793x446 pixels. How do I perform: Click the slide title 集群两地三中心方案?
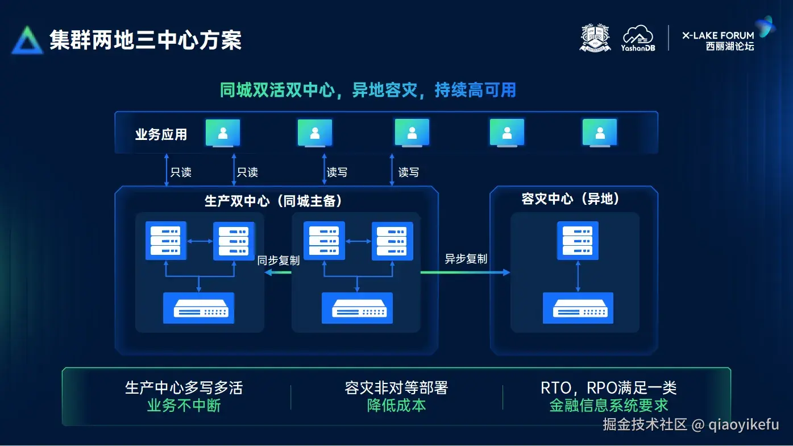[146, 40]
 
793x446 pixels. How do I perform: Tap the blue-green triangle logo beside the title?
[27, 40]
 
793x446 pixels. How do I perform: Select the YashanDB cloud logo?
[638, 38]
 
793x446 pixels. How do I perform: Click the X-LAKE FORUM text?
[718, 35]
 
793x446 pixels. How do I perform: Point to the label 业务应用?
[161, 135]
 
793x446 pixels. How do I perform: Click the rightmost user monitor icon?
[599, 133]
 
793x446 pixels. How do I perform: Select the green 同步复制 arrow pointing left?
[278, 272]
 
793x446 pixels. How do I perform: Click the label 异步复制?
[466, 259]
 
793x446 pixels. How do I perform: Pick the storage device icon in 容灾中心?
[578, 308]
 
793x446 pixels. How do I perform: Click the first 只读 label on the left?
[181, 172]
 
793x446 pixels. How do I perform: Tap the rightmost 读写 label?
[408, 172]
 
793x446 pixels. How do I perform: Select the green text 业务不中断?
[184, 405]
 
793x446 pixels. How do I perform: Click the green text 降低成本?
[396, 405]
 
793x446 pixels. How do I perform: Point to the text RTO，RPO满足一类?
[608, 388]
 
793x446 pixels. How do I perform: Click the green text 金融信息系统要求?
[608, 405]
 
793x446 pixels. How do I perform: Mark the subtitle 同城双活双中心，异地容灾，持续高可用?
[368, 90]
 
